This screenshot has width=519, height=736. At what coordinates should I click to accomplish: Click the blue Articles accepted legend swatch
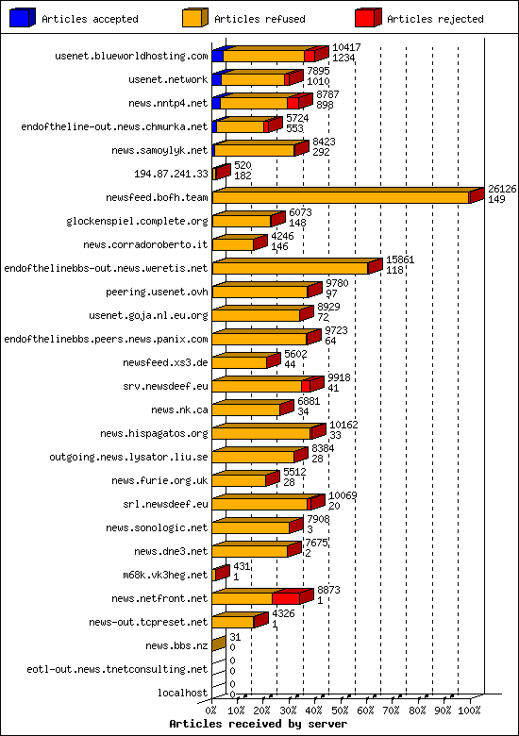coord(22,18)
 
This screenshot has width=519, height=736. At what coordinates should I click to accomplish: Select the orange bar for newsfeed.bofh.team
coord(340,197)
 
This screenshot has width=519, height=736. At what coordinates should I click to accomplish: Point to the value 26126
coord(501,189)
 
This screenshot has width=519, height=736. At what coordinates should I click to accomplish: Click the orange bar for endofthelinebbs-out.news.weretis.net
coord(290,268)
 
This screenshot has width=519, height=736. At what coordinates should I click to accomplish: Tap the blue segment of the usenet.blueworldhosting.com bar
coord(217,56)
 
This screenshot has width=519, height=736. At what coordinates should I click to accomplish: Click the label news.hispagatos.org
coord(154,433)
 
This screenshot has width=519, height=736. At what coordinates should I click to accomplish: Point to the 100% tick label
coord(470,709)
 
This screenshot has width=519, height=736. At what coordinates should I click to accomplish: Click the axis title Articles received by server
coord(258,724)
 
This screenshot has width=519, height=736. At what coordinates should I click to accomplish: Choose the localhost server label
coord(183,693)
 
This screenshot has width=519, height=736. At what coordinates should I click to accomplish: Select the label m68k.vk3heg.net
coord(165,575)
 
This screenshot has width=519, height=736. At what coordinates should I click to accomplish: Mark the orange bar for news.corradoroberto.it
coord(232,244)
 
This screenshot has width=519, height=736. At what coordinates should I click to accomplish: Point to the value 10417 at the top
coord(346,47)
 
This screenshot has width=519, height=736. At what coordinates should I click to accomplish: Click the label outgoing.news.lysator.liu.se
coord(128,457)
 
